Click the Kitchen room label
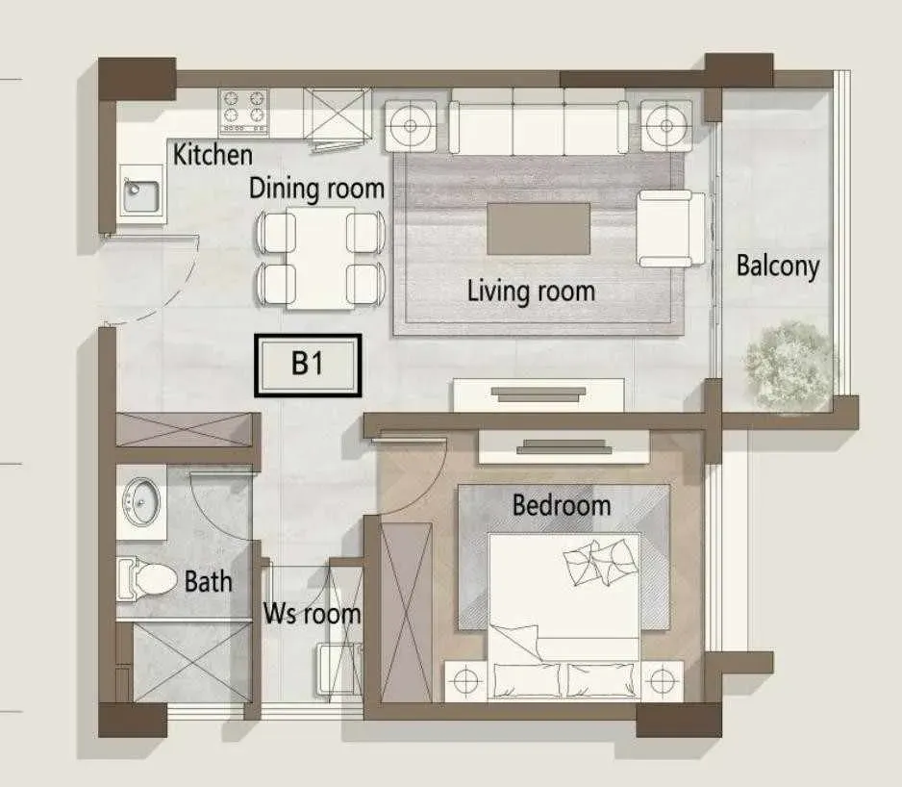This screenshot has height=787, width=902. [213, 155]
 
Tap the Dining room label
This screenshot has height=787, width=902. [316, 189]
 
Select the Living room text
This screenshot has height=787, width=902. [531, 291]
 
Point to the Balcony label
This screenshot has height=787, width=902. [778, 267]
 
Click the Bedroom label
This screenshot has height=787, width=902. [562, 505]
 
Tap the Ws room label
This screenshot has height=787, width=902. [312, 614]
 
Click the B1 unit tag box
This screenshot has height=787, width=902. [308, 366]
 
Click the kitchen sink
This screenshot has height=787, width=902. [141, 194]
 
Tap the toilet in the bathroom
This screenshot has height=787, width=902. [146, 579]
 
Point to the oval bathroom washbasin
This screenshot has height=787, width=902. [141, 501]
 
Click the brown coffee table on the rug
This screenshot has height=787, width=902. [539, 228]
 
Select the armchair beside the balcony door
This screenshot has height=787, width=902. [670, 229]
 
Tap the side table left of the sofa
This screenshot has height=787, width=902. [411, 125]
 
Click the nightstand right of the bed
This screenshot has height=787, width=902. [663, 681]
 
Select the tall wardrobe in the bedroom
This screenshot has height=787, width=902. [406, 613]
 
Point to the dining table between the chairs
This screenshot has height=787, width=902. [320, 258]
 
